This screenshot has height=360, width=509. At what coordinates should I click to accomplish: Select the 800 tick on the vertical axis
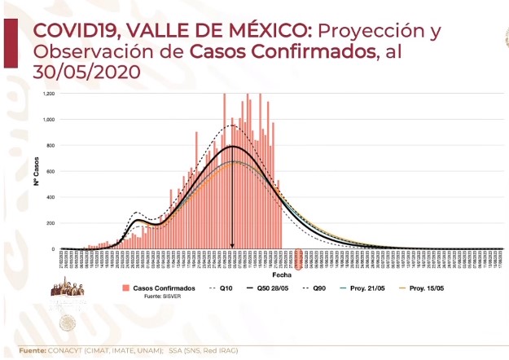click(50, 146)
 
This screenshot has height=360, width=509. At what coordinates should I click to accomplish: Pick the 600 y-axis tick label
click(50, 172)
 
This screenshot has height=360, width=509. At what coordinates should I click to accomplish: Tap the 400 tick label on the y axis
click(50, 197)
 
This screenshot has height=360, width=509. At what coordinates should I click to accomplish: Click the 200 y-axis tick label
click(50, 223)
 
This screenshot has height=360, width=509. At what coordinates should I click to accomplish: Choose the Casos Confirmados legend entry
click(159, 288)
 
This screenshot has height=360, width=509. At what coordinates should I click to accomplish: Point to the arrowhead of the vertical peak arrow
click(232, 246)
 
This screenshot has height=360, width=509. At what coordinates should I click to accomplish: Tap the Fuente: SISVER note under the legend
click(160, 296)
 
